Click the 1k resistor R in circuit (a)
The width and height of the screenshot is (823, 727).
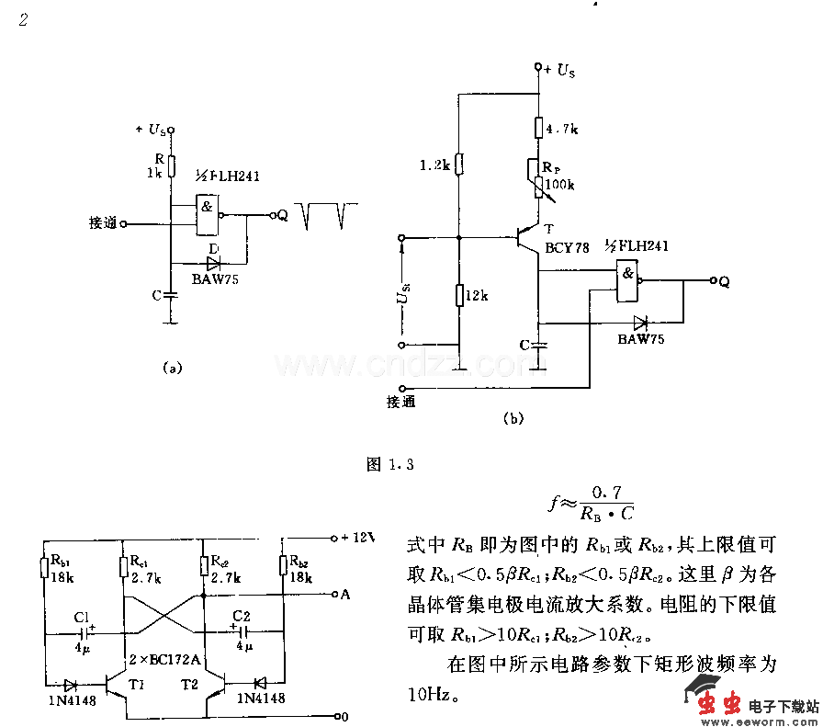click(x=170, y=165)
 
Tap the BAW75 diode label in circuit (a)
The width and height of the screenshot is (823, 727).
click(x=215, y=278)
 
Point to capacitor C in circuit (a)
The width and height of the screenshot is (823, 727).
click(x=170, y=295)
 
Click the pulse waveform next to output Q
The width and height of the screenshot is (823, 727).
click(x=325, y=215)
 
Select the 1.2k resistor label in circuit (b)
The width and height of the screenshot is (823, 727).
click(x=434, y=165)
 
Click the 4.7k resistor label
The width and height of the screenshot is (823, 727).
click(x=562, y=130)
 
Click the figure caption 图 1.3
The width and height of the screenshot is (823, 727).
click(x=390, y=464)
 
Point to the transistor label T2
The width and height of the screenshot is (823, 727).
click(x=189, y=685)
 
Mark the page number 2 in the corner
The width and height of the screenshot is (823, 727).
click(x=24, y=20)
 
